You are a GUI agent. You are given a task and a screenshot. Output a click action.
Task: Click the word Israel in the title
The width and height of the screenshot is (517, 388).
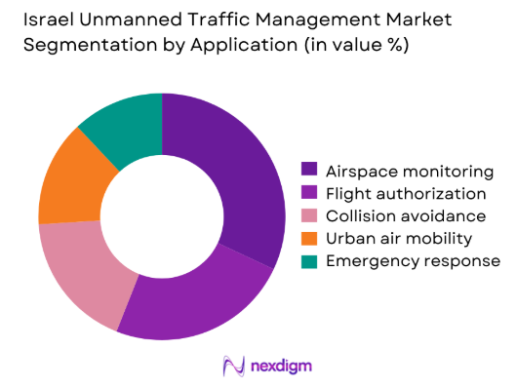[49, 19]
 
